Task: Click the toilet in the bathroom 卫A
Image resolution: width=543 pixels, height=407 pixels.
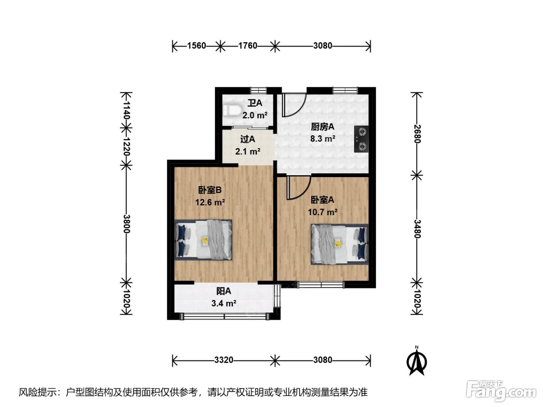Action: pyautogui.click(x=232, y=110)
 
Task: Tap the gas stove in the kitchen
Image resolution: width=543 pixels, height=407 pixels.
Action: pyautogui.click(x=361, y=139)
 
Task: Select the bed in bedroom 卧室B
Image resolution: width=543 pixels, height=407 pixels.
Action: pyautogui.click(x=203, y=240)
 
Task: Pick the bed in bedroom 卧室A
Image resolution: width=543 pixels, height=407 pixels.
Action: pyautogui.click(x=339, y=244)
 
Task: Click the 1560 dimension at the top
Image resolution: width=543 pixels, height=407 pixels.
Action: pyautogui.click(x=196, y=46)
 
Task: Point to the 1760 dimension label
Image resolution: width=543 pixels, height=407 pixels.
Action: pyautogui.click(x=247, y=46)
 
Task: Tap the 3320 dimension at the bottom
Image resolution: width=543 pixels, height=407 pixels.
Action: pyautogui.click(x=224, y=360)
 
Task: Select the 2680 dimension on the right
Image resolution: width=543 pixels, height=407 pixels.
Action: pyautogui.click(x=417, y=134)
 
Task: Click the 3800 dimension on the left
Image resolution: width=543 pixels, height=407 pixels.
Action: pyautogui.click(x=127, y=224)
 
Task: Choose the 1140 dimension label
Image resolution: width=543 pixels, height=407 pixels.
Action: pyautogui.click(x=127, y=110)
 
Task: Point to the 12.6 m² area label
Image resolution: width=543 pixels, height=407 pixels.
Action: pyautogui.click(x=210, y=202)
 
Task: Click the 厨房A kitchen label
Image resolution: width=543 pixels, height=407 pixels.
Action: pyautogui.click(x=323, y=127)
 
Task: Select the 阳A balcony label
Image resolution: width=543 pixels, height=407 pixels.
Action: pyautogui.click(x=224, y=291)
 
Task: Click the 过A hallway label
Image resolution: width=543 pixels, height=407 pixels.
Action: pyautogui.click(x=247, y=139)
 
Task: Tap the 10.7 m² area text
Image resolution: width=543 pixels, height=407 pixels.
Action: pyautogui.click(x=323, y=212)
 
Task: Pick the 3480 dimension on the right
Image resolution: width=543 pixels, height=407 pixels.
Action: pyautogui.click(x=417, y=229)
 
